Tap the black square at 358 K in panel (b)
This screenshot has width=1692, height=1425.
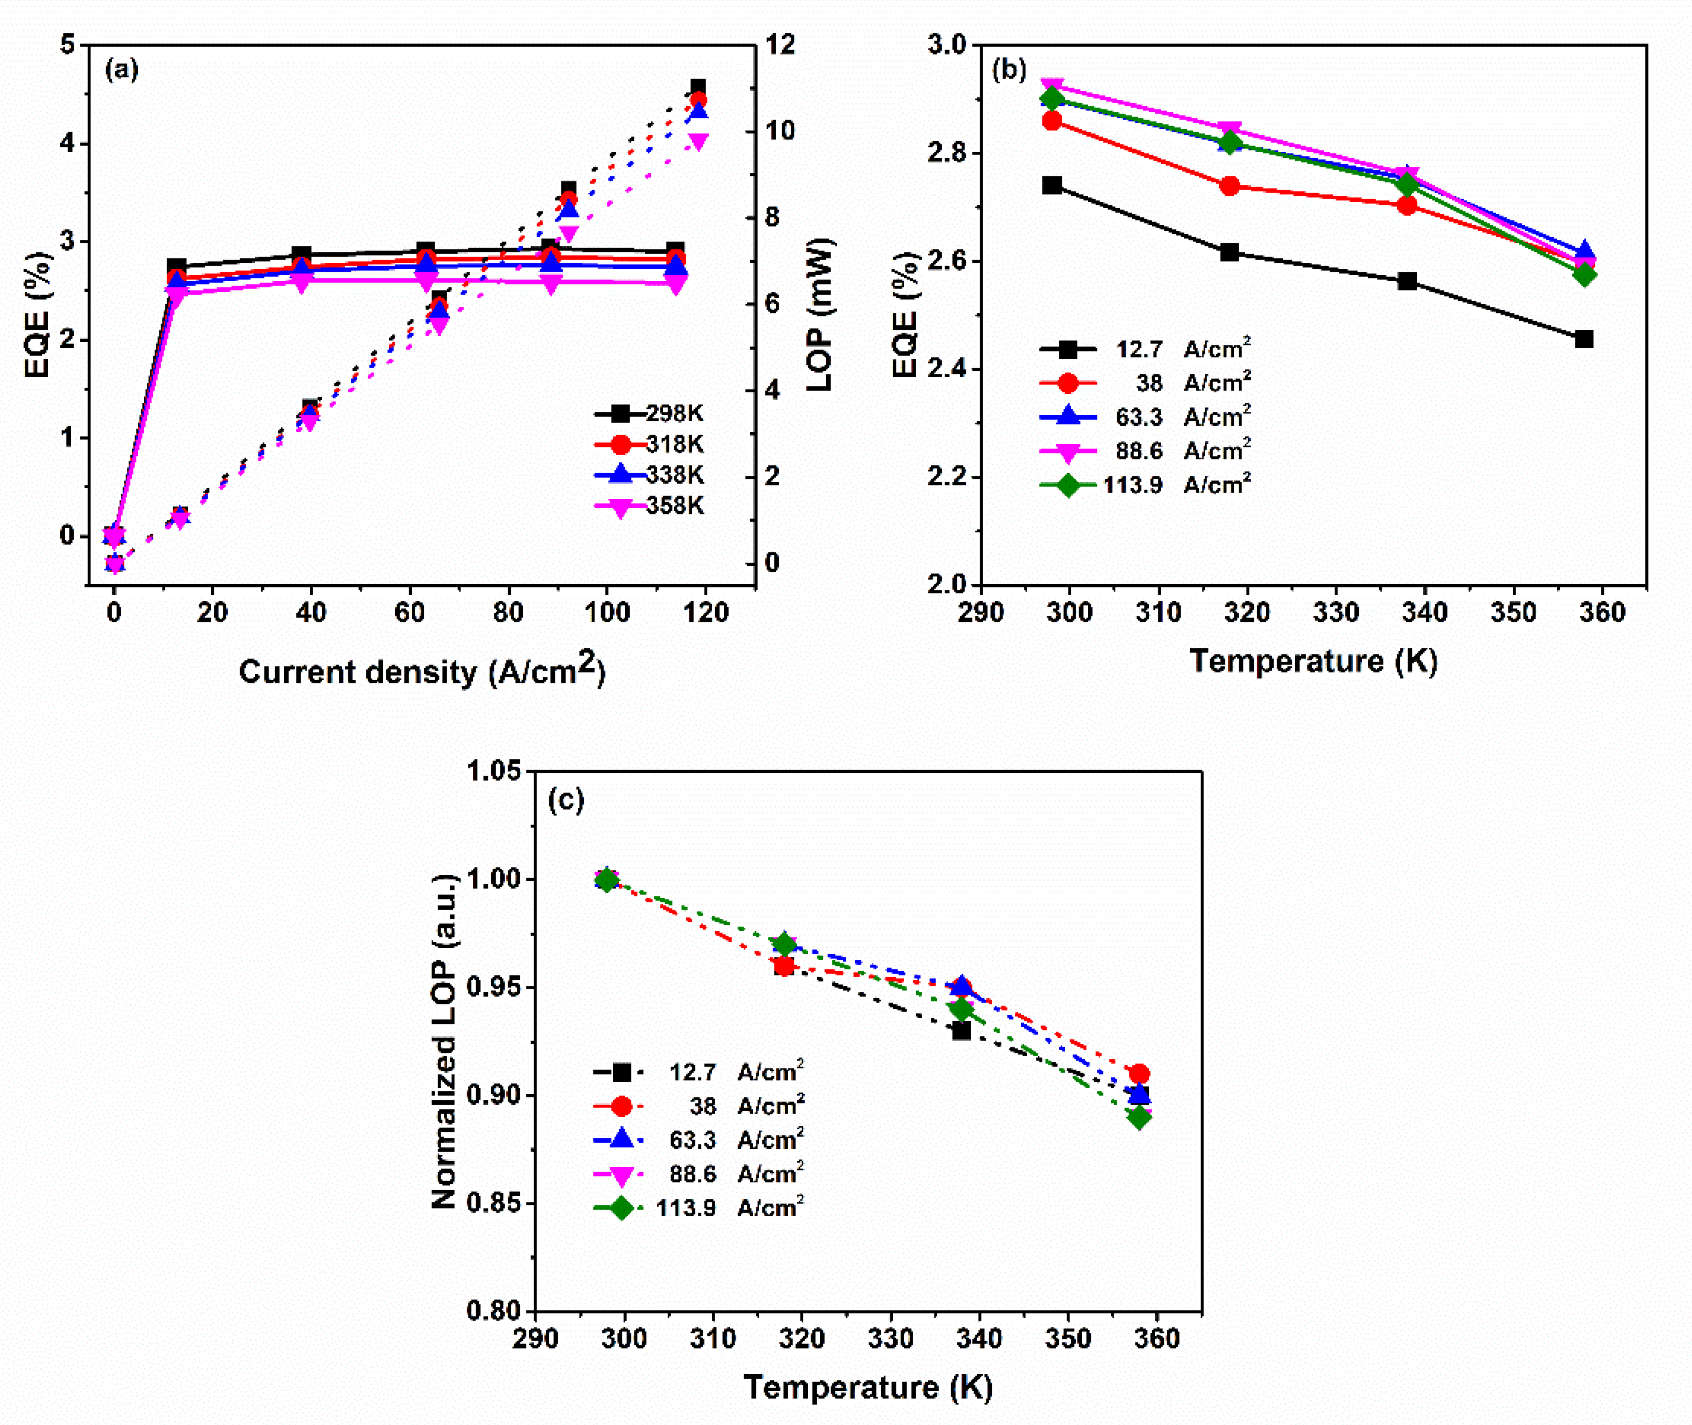coord(1584,339)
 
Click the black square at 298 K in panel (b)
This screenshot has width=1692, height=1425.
coord(1052,186)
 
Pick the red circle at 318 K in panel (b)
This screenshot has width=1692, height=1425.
coord(1230,186)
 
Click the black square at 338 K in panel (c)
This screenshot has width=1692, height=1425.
coord(961,1031)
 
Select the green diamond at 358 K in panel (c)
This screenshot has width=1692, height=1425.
coord(1138,1118)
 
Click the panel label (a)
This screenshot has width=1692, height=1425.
coord(122,70)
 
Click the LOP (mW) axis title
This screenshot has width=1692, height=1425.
coord(819,315)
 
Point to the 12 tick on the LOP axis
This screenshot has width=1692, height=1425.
coord(780,45)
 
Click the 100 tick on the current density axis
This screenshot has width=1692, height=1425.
coord(607,612)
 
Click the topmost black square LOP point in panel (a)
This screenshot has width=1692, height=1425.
coord(697,87)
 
